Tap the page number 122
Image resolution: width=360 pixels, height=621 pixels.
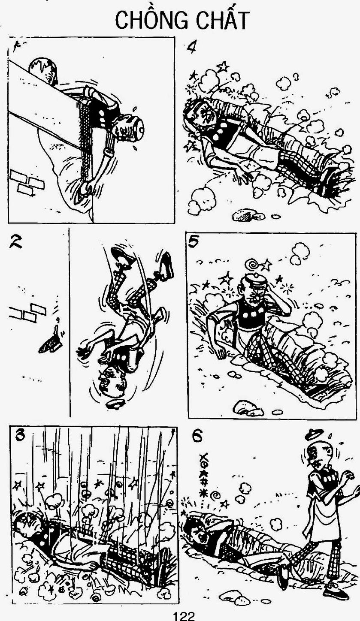(183, 616)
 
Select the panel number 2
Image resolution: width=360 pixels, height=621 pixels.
(16, 242)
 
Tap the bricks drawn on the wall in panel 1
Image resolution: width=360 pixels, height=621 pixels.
(27, 181)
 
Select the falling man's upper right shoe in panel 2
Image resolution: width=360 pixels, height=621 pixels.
(166, 265)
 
